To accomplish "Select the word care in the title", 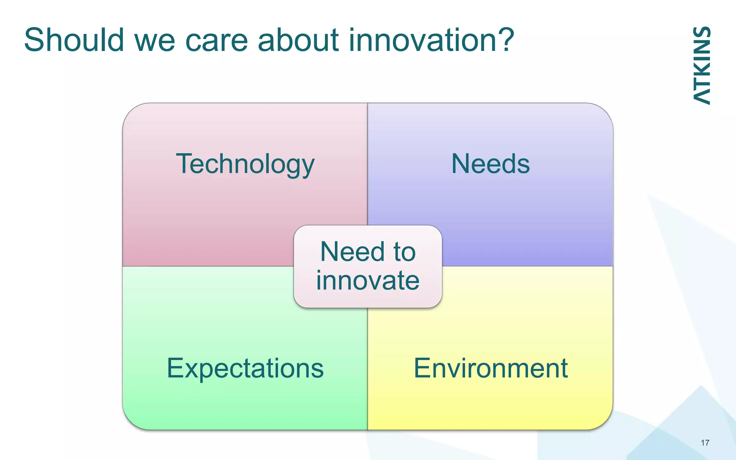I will [216, 40].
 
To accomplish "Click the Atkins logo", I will [701, 66].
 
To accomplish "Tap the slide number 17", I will [705, 443].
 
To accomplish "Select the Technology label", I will [245, 164].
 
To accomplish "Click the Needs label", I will [490, 164].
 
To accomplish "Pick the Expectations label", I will [245, 368].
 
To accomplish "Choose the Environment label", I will [491, 368].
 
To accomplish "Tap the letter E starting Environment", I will [422, 368].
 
